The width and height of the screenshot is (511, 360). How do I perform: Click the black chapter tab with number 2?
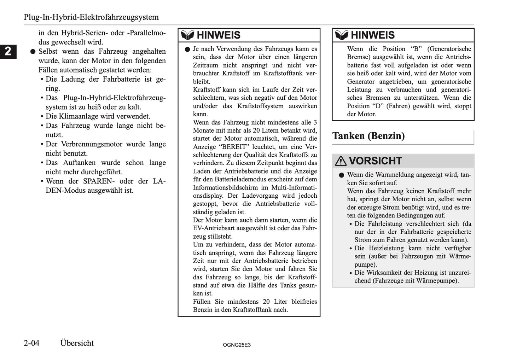click(x=8, y=51)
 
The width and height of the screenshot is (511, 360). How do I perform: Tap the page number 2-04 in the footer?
click(x=32, y=343)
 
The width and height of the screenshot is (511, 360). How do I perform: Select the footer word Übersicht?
click(x=77, y=343)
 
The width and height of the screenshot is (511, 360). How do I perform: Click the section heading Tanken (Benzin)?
click(x=368, y=136)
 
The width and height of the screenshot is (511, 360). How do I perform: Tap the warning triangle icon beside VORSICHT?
click(x=341, y=161)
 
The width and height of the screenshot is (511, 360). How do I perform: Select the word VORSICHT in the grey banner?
click(x=375, y=161)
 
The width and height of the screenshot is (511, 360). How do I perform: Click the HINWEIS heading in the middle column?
click(x=219, y=35)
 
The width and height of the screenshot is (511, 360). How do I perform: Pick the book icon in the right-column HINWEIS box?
click(x=342, y=35)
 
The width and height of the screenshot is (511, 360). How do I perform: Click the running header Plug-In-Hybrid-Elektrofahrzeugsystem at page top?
click(x=91, y=17)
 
